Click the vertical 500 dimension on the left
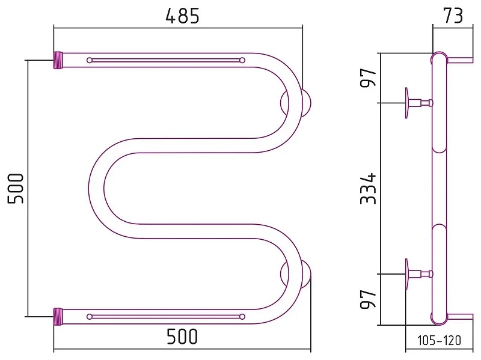pos(16,188)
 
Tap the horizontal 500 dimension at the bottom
pos(182,337)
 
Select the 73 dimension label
pos(453,16)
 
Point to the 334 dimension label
pos(368,188)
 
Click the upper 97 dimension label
pos(368,78)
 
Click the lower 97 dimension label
pos(368,299)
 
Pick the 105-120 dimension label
pos(440,340)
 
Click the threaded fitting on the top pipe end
pos(58,61)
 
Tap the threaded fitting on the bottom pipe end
pos(58,317)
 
